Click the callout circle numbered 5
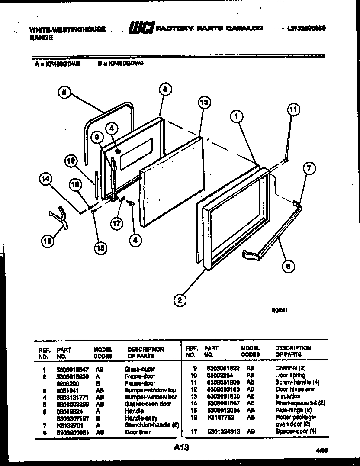click(x=64, y=92)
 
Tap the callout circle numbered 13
click(x=204, y=103)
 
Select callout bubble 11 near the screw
click(x=293, y=110)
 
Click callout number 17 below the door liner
click(x=117, y=223)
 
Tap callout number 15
click(x=100, y=247)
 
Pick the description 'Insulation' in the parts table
click(x=287, y=396)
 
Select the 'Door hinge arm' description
click(x=295, y=389)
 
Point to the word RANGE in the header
click(x=42, y=38)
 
